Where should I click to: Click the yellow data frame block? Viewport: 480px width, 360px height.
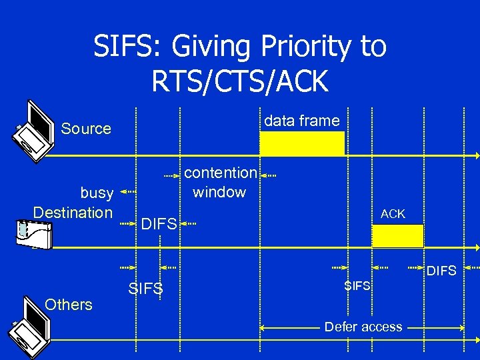click(x=302, y=143)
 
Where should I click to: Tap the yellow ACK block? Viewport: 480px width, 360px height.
click(x=397, y=236)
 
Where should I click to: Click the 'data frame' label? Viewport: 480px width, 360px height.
click(x=302, y=121)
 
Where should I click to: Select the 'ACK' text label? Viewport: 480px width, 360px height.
click(x=393, y=214)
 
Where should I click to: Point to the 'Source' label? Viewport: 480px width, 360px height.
click(x=86, y=129)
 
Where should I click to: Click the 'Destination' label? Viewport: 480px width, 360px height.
click(x=73, y=213)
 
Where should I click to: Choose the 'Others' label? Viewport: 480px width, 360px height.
click(x=68, y=305)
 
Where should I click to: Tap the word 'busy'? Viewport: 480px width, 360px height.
click(x=97, y=193)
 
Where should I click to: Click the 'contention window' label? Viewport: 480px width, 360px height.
click(x=220, y=182)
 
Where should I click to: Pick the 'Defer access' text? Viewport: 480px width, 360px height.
click(x=363, y=327)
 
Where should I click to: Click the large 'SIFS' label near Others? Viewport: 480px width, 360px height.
click(x=145, y=289)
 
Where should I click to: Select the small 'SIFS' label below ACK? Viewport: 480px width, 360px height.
click(x=357, y=286)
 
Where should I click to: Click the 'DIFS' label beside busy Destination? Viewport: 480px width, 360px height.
click(x=159, y=224)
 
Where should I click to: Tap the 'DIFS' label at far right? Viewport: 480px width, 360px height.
click(x=441, y=271)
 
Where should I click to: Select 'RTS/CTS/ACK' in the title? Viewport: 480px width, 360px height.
click(x=240, y=81)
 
